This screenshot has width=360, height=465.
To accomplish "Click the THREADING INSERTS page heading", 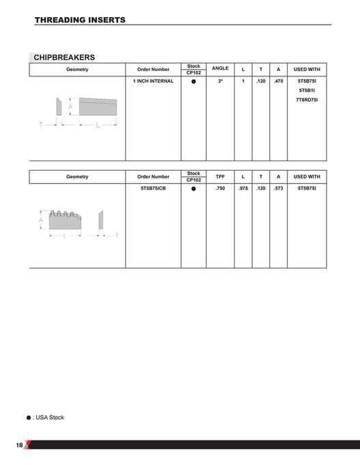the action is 80,20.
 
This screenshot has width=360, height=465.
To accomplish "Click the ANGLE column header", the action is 220,68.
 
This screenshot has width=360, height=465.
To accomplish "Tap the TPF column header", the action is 220,176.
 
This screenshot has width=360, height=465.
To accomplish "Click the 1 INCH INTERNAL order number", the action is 153,81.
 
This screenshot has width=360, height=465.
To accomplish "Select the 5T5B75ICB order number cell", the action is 153,187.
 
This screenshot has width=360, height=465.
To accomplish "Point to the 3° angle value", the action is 220,81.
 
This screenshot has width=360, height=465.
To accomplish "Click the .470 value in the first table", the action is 278,81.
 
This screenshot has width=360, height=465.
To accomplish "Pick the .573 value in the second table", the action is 278,187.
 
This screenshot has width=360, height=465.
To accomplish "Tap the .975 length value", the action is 243,187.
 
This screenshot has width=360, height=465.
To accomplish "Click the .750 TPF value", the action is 220,187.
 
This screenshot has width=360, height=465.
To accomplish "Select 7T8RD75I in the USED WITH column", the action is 307,100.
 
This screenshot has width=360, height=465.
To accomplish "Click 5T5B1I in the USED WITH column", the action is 307,90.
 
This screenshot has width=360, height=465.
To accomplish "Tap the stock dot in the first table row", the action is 193,82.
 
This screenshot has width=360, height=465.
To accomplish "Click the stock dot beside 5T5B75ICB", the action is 193,188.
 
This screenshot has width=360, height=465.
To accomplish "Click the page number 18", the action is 19,445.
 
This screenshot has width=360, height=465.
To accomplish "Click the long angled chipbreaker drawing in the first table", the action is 98,107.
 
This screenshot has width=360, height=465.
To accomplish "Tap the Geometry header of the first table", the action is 77,69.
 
